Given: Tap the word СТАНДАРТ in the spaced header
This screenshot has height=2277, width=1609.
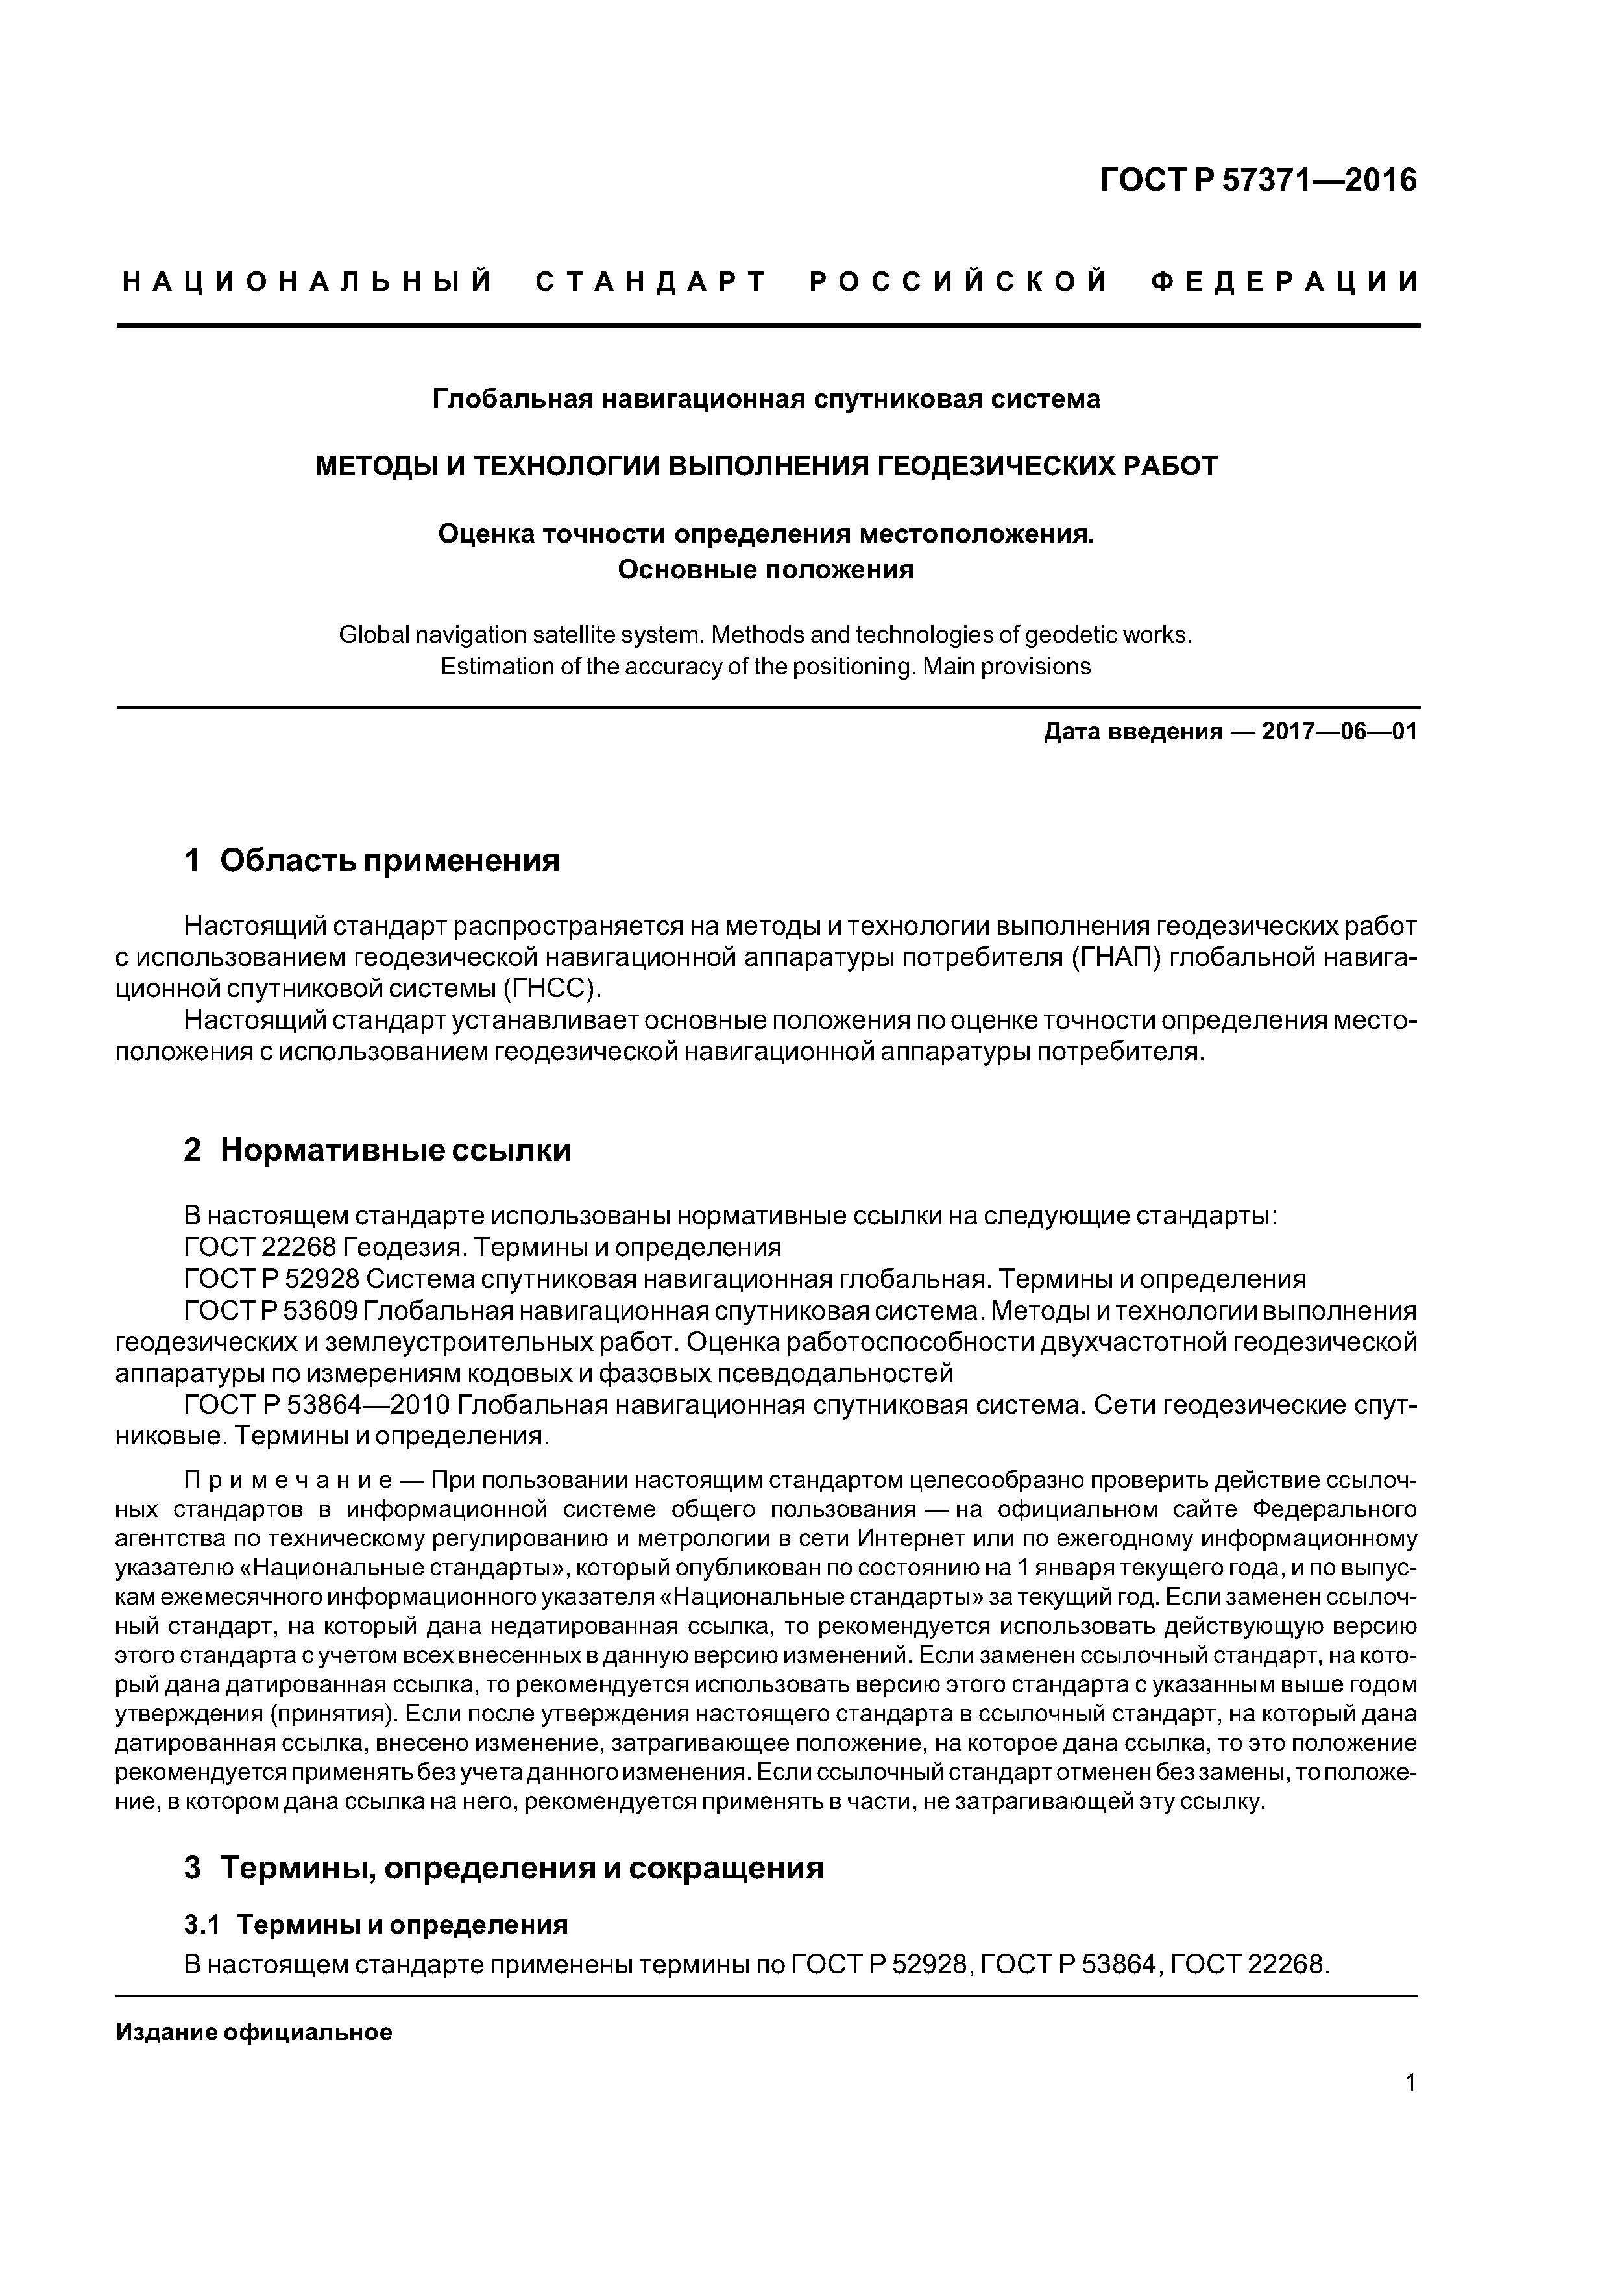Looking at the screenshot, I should [651, 282].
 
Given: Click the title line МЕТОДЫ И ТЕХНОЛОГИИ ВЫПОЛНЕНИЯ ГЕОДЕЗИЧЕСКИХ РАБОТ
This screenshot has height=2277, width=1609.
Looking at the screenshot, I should [766, 465].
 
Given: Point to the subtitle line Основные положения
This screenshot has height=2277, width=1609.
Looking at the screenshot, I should [766, 571].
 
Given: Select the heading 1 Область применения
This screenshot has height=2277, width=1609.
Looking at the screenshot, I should [372, 860].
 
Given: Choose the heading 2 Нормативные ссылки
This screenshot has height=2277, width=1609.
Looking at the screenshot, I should [377, 1150].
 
